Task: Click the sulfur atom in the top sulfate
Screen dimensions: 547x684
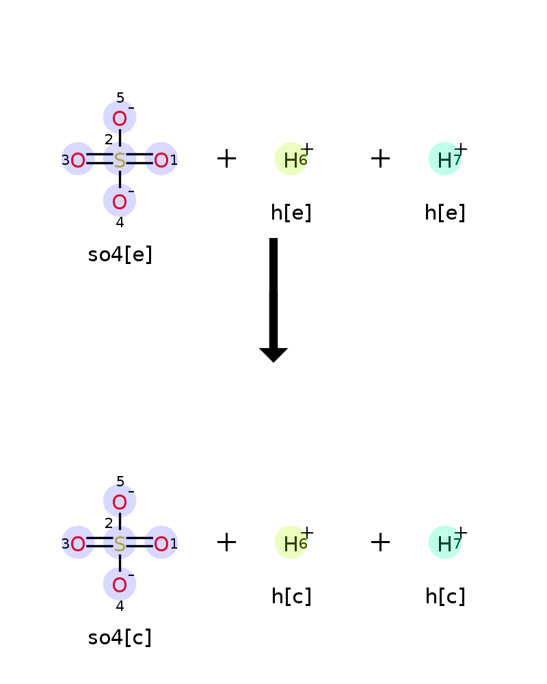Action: click(120, 160)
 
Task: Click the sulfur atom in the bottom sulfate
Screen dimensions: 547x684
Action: click(120, 544)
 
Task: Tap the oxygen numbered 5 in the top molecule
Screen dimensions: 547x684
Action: click(120, 118)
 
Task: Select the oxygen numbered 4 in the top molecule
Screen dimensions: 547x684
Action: click(120, 202)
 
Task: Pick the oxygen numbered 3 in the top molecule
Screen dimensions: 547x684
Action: click(78, 160)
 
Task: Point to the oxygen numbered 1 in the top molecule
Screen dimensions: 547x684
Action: click(161, 160)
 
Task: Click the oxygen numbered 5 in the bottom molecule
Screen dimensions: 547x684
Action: click(120, 502)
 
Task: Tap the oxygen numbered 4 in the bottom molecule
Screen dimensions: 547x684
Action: click(120, 586)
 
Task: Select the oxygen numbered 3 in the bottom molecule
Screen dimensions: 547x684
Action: click(78, 544)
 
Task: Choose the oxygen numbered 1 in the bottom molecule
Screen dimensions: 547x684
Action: click(161, 544)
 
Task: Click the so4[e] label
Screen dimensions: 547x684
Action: click(120, 254)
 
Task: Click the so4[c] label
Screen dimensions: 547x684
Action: click(120, 637)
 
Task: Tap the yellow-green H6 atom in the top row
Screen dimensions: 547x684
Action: click(291, 159)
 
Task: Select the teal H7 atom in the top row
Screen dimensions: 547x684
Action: click(445, 159)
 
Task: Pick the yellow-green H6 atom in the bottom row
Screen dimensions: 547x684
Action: click(291, 542)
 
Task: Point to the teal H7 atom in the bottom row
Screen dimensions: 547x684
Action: click(445, 542)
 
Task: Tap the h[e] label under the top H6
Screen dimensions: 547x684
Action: click(291, 213)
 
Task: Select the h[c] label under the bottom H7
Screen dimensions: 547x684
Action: click(445, 596)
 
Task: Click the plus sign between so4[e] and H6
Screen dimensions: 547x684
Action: click(226, 159)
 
